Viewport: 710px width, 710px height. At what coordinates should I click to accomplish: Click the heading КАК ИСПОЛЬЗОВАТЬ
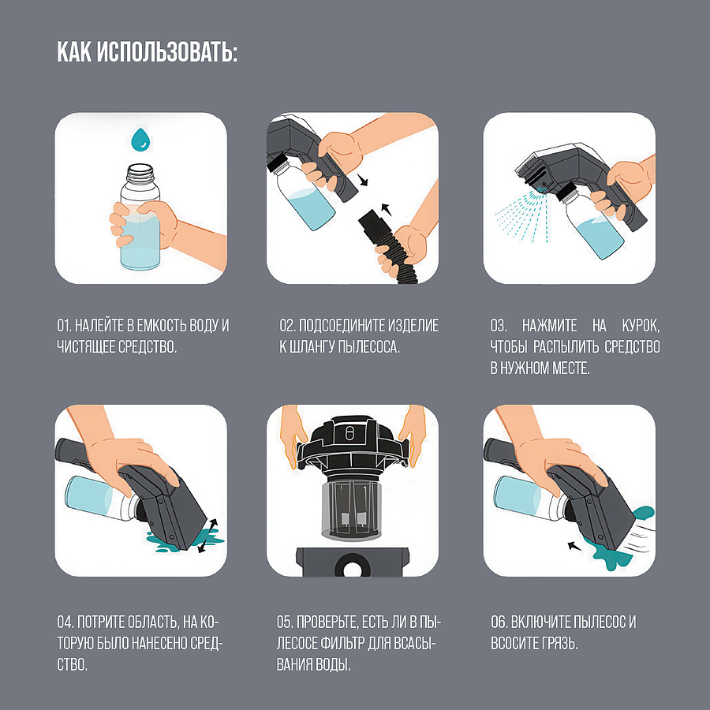coord(148,52)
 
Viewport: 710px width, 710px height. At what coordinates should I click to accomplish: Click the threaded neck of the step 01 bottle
coord(140,173)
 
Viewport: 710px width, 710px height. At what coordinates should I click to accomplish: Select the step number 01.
coord(63,326)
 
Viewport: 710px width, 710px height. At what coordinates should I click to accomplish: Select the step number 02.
coord(286,326)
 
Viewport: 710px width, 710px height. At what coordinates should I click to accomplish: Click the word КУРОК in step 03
coord(640,326)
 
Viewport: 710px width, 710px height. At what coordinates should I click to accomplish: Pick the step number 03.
coord(498,326)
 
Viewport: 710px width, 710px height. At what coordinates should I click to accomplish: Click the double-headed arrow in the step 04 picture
coord(207,536)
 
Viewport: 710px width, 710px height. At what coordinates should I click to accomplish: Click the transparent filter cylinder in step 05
coord(351,510)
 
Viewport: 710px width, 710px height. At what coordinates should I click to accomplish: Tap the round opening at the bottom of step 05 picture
coord(352,568)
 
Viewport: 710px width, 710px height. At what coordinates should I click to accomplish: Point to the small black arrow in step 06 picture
coord(574,546)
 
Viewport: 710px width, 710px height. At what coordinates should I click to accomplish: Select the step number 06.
coord(499,622)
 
